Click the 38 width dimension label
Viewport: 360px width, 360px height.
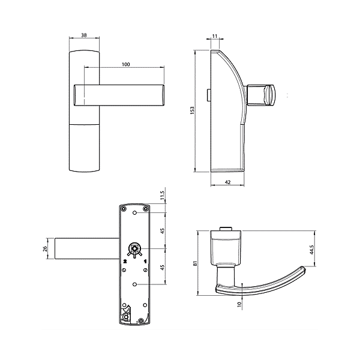[x=84, y=35]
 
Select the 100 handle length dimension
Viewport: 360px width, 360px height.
[x=125, y=64]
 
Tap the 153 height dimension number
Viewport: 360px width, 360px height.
[x=193, y=110]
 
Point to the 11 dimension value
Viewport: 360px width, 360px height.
[x=215, y=36]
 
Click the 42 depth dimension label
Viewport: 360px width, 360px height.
[x=227, y=182]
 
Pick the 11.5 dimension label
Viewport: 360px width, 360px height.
[x=163, y=196]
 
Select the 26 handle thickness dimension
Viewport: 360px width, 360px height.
[x=45, y=248]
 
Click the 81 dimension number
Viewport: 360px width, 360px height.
[x=196, y=263]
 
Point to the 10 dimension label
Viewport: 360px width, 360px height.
[x=239, y=304]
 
